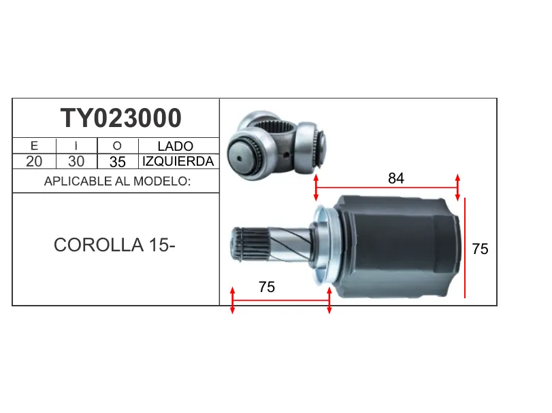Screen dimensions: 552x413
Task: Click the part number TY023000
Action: [120, 118]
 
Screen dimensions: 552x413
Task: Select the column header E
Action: [34, 146]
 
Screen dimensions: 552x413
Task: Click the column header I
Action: [76, 146]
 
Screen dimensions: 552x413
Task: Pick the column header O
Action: [117, 146]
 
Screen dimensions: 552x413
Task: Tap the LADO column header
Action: [176, 146]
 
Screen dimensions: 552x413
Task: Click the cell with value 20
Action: [34, 162]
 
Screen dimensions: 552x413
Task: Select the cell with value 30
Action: [76, 162]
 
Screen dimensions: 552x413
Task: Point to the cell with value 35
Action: [117, 162]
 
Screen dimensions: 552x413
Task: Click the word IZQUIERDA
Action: [178, 162]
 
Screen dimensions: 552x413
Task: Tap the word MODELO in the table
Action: [162, 181]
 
